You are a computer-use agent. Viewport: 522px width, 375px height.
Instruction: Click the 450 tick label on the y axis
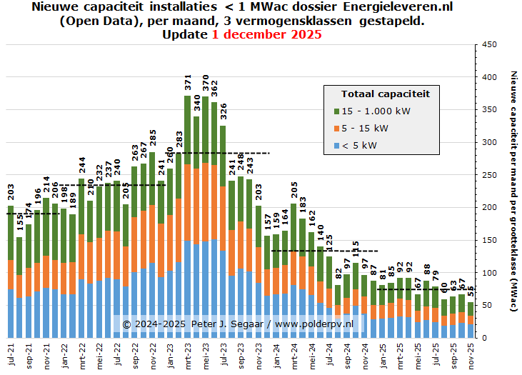[489, 44]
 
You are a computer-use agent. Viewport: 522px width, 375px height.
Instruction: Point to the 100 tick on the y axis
[489, 273]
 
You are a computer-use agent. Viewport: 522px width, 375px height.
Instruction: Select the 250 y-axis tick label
[489, 175]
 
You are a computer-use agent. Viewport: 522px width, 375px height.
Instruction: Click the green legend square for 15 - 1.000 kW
[337, 111]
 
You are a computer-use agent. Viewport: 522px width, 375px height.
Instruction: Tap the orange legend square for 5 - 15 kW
[337, 128]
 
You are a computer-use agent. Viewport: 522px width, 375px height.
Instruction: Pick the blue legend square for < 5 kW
[337, 145]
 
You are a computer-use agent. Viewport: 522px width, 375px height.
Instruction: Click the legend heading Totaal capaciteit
[385, 94]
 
